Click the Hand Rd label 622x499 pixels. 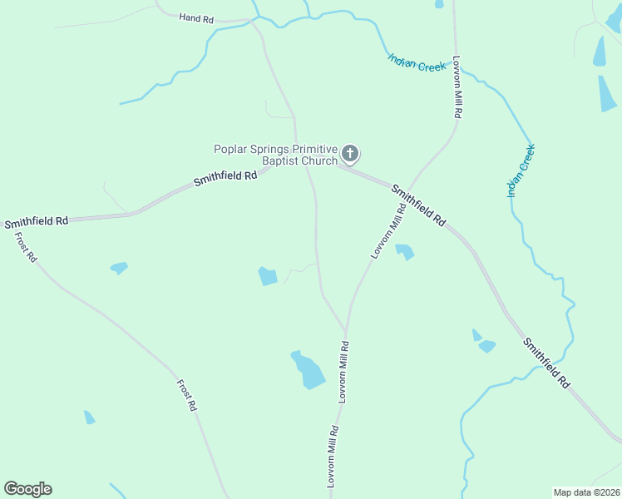pos(196,17)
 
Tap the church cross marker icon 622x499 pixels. pos(350,153)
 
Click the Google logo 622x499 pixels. pos(27,489)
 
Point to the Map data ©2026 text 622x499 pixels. pos(586,492)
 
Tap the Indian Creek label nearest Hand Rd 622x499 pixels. pos(417,62)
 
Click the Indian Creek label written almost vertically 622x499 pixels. pos(521,170)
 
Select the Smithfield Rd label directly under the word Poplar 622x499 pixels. pos(225,177)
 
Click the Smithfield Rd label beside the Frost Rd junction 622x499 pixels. pos(36,222)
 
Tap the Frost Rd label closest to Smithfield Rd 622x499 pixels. pos(26,247)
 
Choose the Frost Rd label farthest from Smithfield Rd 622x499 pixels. pos(186,395)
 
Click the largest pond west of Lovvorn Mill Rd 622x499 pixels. pos(308,370)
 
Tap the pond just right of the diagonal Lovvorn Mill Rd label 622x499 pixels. pos(404,250)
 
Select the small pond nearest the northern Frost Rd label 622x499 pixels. pos(119,268)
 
